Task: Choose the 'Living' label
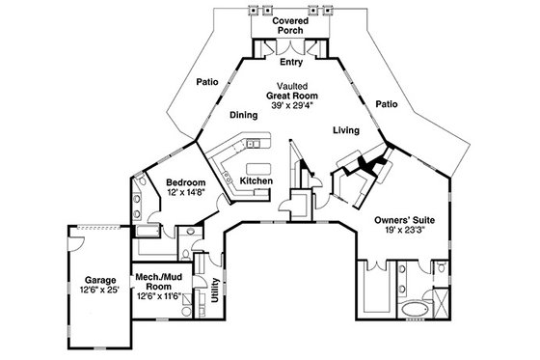click(x=346, y=128)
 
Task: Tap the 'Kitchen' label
click(x=256, y=180)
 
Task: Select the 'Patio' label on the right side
click(x=387, y=103)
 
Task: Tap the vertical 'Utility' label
click(x=214, y=289)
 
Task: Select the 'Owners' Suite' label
click(x=404, y=220)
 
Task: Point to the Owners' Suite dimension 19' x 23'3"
click(x=404, y=232)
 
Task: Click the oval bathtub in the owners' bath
click(x=413, y=309)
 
